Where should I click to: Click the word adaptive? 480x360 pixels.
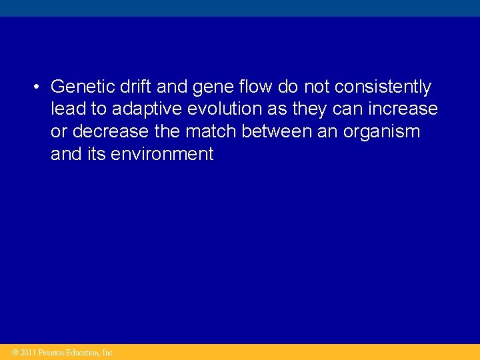pos(141,109)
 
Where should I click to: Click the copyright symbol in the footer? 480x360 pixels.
pos(16,353)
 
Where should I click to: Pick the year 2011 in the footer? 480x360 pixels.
pos(28,353)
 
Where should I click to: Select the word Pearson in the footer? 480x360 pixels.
pos(51,353)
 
